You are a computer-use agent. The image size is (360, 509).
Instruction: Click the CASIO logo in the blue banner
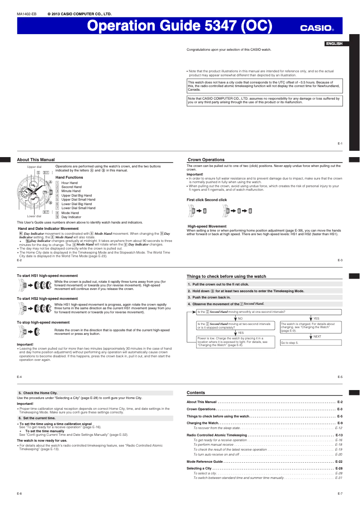pyautogui.click(x=317, y=28)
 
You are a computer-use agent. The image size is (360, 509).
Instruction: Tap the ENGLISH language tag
pyautogui.click(x=334, y=44)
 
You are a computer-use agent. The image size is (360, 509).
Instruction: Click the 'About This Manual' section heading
pyautogui.click(x=36, y=160)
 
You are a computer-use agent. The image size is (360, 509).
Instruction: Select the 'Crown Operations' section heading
pyautogui.click(x=206, y=160)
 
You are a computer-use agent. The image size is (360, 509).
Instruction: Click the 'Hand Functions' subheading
pyautogui.click(x=69, y=178)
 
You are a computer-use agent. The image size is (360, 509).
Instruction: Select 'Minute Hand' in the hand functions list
pyautogui.click(x=71, y=191)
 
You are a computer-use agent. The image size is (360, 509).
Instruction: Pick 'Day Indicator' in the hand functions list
pyautogui.click(x=71, y=217)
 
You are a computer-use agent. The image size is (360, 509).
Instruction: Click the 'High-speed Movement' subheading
pyautogui.click(x=207, y=226)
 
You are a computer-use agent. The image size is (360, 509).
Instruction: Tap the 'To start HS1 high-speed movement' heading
pyautogui.click(x=47, y=276)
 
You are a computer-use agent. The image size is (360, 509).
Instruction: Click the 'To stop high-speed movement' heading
pyautogui.click(x=43, y=322)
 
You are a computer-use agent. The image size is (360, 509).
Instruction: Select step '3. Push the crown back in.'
pyautogui.click(x=209, y=298)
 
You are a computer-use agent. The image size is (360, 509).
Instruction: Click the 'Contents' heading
pyautogui.click(x=196, y=392)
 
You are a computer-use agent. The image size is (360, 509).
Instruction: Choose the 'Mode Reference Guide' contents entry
pyautogui.click(x=205, y=461)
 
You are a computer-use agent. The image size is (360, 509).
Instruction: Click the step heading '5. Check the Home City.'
pyautogui.click(x=38, y=393)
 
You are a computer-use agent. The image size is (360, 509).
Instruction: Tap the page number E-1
pyautogui.click(x=340, y=144)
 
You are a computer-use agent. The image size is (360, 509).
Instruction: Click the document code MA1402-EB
pyautogui.click(x=26, y=14)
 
